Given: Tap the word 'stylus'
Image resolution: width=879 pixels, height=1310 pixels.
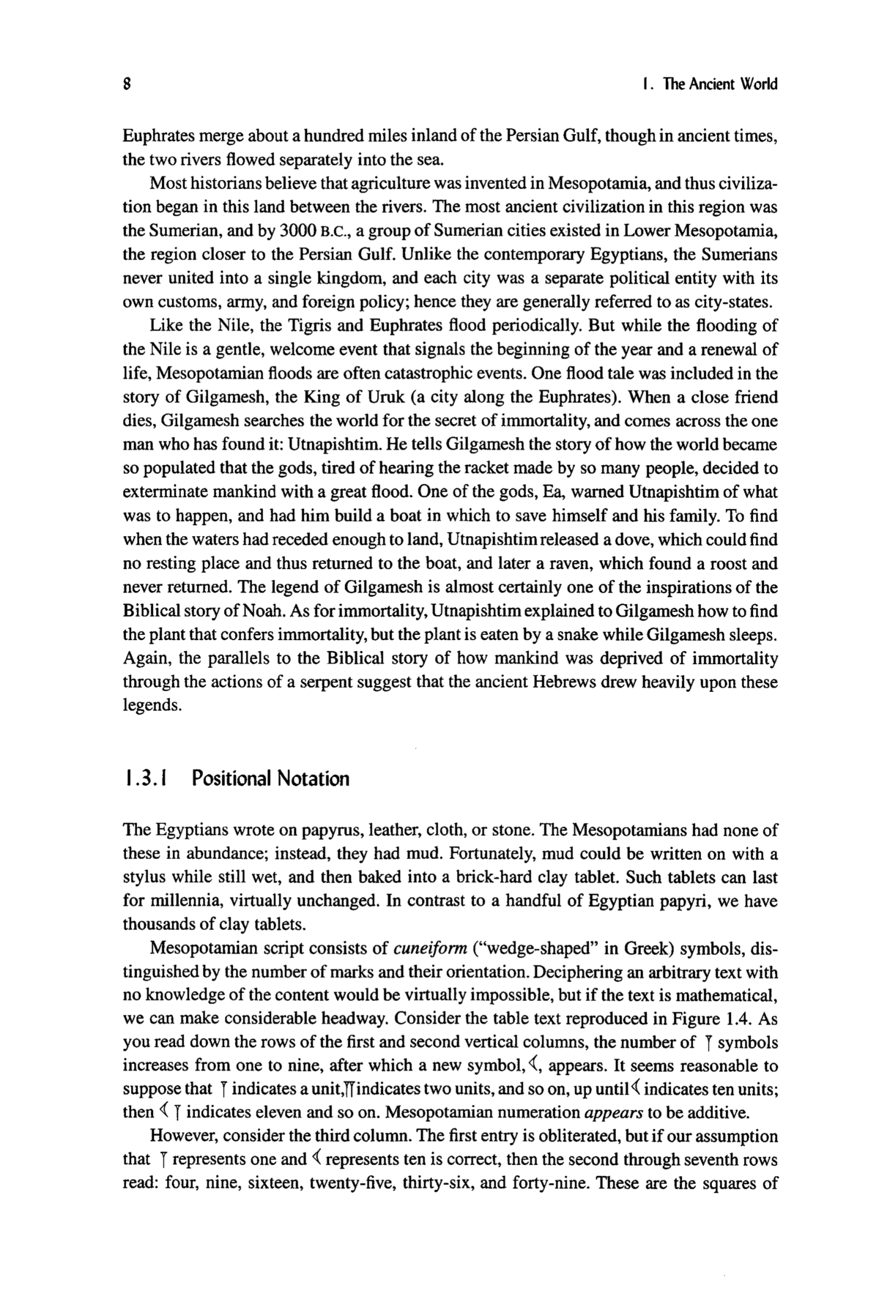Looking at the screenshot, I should pos(144,877).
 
